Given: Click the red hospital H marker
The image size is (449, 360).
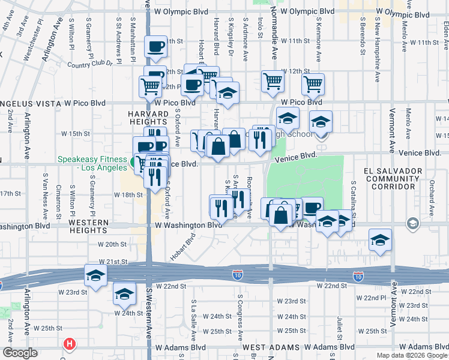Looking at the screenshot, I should pos(70,344).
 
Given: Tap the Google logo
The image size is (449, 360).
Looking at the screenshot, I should pos(19,353).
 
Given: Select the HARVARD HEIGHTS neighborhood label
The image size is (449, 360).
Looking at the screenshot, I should pos(148,119).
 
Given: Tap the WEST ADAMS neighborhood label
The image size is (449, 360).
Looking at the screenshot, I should pos(271,347).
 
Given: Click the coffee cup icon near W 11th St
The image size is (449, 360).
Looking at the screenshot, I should pos(156,46).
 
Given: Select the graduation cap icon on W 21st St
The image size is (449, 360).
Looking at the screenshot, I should pos(96,275).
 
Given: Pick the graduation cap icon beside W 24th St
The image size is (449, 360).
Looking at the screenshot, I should pos(124,294).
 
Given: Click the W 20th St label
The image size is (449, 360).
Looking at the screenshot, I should pos(112,244).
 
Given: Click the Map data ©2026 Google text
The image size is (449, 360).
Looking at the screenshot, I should pos(411,355).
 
